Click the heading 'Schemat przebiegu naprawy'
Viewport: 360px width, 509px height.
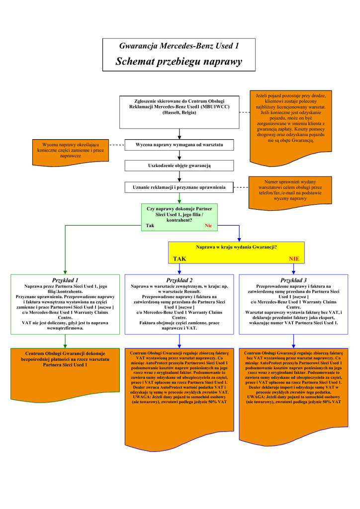tap(179, 62)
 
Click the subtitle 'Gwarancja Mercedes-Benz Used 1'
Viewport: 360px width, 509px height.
tap(179, 46)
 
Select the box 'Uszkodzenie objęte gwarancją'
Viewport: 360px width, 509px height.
tap(179, 166)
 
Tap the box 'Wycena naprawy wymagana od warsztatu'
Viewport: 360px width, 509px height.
tap(179, 145)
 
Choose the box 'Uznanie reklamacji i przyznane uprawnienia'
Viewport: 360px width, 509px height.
tap(179, 187)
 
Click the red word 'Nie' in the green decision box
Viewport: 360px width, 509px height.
tap(208, 226)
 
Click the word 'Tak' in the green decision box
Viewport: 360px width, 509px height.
tap(150, 226)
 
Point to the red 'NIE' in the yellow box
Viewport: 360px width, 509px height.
tap(294, 259)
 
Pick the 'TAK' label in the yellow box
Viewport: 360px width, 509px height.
tap(180, 259)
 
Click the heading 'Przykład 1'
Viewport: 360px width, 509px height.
tap(65, 280)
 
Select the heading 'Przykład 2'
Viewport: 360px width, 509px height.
tap(180, 280)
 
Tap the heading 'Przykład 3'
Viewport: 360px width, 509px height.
tap(294, 280)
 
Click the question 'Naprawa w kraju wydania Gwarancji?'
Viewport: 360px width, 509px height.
tap(236, 247)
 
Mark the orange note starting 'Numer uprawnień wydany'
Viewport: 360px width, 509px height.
tap(290, 190)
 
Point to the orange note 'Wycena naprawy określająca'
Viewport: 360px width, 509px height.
tap(71, 150)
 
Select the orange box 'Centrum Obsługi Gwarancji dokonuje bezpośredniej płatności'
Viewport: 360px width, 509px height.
tap(65, 359)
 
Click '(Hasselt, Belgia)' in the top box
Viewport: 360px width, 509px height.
tap(179, 113)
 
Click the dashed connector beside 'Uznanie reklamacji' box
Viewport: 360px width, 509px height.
tap(241, 187)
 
